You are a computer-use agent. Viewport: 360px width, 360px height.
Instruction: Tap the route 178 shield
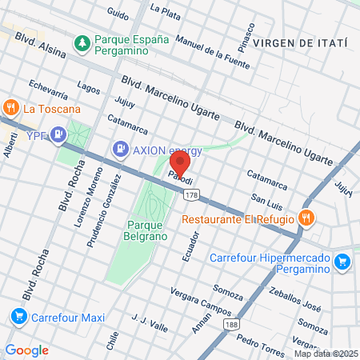[190, 194]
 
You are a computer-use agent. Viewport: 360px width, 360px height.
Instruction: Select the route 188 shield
[232, 322]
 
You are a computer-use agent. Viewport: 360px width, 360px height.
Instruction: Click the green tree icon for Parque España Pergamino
[81, 41]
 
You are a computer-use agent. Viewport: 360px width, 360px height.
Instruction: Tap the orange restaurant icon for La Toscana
[10, 107]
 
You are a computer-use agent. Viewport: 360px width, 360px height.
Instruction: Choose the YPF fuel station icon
[58, 134]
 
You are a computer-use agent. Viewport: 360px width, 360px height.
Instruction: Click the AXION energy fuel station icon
[119, 148]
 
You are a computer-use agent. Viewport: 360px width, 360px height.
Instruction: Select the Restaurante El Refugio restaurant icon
[306, 217]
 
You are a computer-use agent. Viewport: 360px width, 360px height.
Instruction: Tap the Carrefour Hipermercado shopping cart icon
[342, 262]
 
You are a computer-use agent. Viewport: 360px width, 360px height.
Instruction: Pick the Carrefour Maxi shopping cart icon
[18, 317]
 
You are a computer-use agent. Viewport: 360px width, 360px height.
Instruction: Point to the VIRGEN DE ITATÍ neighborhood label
[300, 42]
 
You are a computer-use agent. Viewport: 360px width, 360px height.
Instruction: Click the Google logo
[26, 350]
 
